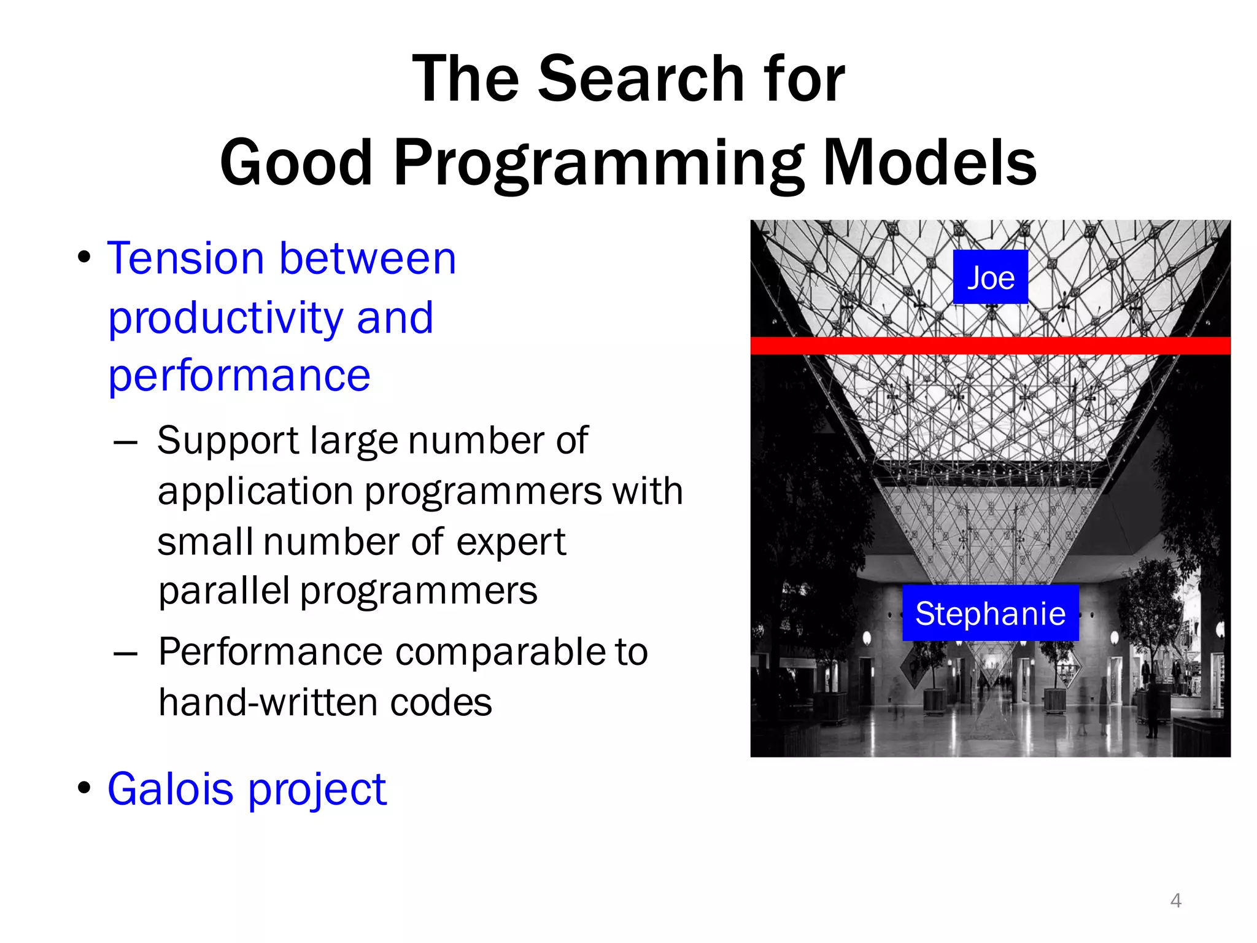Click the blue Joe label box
[990, 277]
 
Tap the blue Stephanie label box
[990, 613]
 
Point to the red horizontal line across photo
[990, 346]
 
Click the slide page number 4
[1175, 900]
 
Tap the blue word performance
[239, 375]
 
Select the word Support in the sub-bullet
[228, 441]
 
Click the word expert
[511, 543]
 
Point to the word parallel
[223, 591]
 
